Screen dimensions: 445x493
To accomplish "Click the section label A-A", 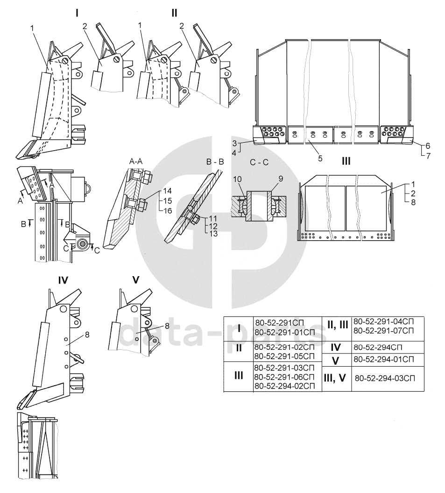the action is [136, 161].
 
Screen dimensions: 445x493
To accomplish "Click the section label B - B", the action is [215, 162].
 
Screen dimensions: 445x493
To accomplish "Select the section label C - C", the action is [259, 163].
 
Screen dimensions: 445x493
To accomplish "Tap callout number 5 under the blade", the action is [320, 158].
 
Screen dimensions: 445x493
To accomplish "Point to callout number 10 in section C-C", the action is [237, 179].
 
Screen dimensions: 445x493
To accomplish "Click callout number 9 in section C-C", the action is [281, 179].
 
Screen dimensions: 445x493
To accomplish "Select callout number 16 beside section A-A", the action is [168, 210].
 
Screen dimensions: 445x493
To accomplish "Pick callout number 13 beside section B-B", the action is [213, 234].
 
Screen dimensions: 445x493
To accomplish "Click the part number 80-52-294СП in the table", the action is [378, 347].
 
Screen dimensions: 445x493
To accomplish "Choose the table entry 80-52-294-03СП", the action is [385, 378].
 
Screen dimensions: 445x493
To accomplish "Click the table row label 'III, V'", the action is [335, 378].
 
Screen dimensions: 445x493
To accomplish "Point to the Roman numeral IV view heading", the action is [63, 280].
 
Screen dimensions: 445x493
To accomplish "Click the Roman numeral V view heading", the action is [135, 280].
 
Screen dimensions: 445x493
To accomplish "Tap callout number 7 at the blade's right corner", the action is [428, 156].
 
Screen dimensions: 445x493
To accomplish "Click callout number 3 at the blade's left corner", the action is [234, 144].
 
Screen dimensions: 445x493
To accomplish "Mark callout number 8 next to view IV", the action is [87, 335].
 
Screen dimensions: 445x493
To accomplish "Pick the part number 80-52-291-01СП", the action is [284, 333].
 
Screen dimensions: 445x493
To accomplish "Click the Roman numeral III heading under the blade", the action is [346, 161].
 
